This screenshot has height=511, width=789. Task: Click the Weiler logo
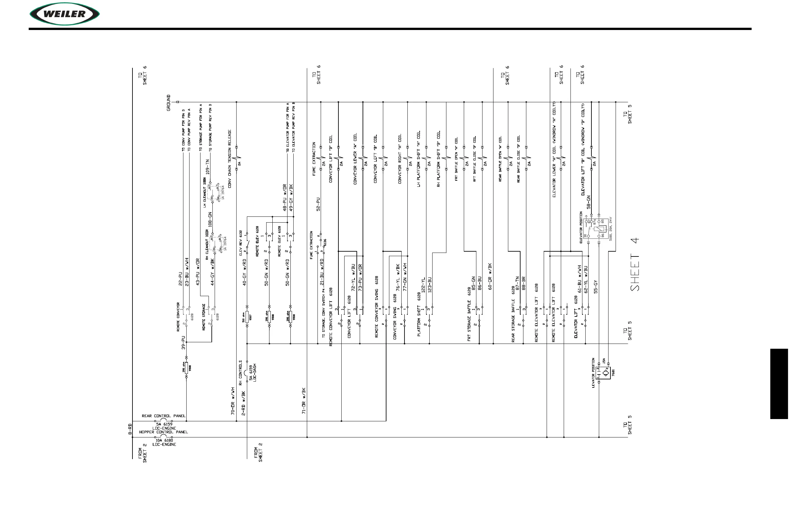[65, 14]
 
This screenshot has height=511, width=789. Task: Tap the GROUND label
[169, 103]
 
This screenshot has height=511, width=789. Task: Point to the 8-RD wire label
[130, 429]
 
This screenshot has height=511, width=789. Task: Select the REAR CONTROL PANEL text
[163, 416]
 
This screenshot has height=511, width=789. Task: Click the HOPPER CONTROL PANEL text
[163, 432]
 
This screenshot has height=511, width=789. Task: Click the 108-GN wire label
[210, 220]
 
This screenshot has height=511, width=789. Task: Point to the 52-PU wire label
[318, 204]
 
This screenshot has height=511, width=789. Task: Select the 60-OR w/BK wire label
[490, 276]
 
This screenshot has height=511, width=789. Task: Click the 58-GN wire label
[589, 202]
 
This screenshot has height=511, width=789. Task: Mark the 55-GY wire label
[596, 287]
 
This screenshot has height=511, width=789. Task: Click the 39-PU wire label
[183, 342]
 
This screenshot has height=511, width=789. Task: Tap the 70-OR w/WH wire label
[233, 401]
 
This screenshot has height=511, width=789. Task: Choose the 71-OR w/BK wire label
[304, 401]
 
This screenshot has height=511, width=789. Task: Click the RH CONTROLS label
[241, 373]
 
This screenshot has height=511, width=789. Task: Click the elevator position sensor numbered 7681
[606, 373]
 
